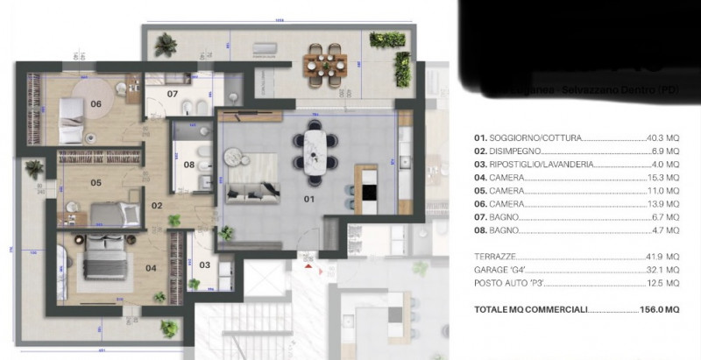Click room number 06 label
(96, 103)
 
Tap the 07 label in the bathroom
(173, 93)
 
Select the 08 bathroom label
(188, 164)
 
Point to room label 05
(96, 183)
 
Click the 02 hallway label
(159, 206)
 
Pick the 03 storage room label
(204, 264)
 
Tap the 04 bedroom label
(150, 267)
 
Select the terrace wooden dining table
(323, 62)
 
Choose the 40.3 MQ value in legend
(662, 138)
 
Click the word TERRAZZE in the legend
(493, 255)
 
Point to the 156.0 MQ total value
(659, 310)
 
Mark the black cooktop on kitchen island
(369, 192)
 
